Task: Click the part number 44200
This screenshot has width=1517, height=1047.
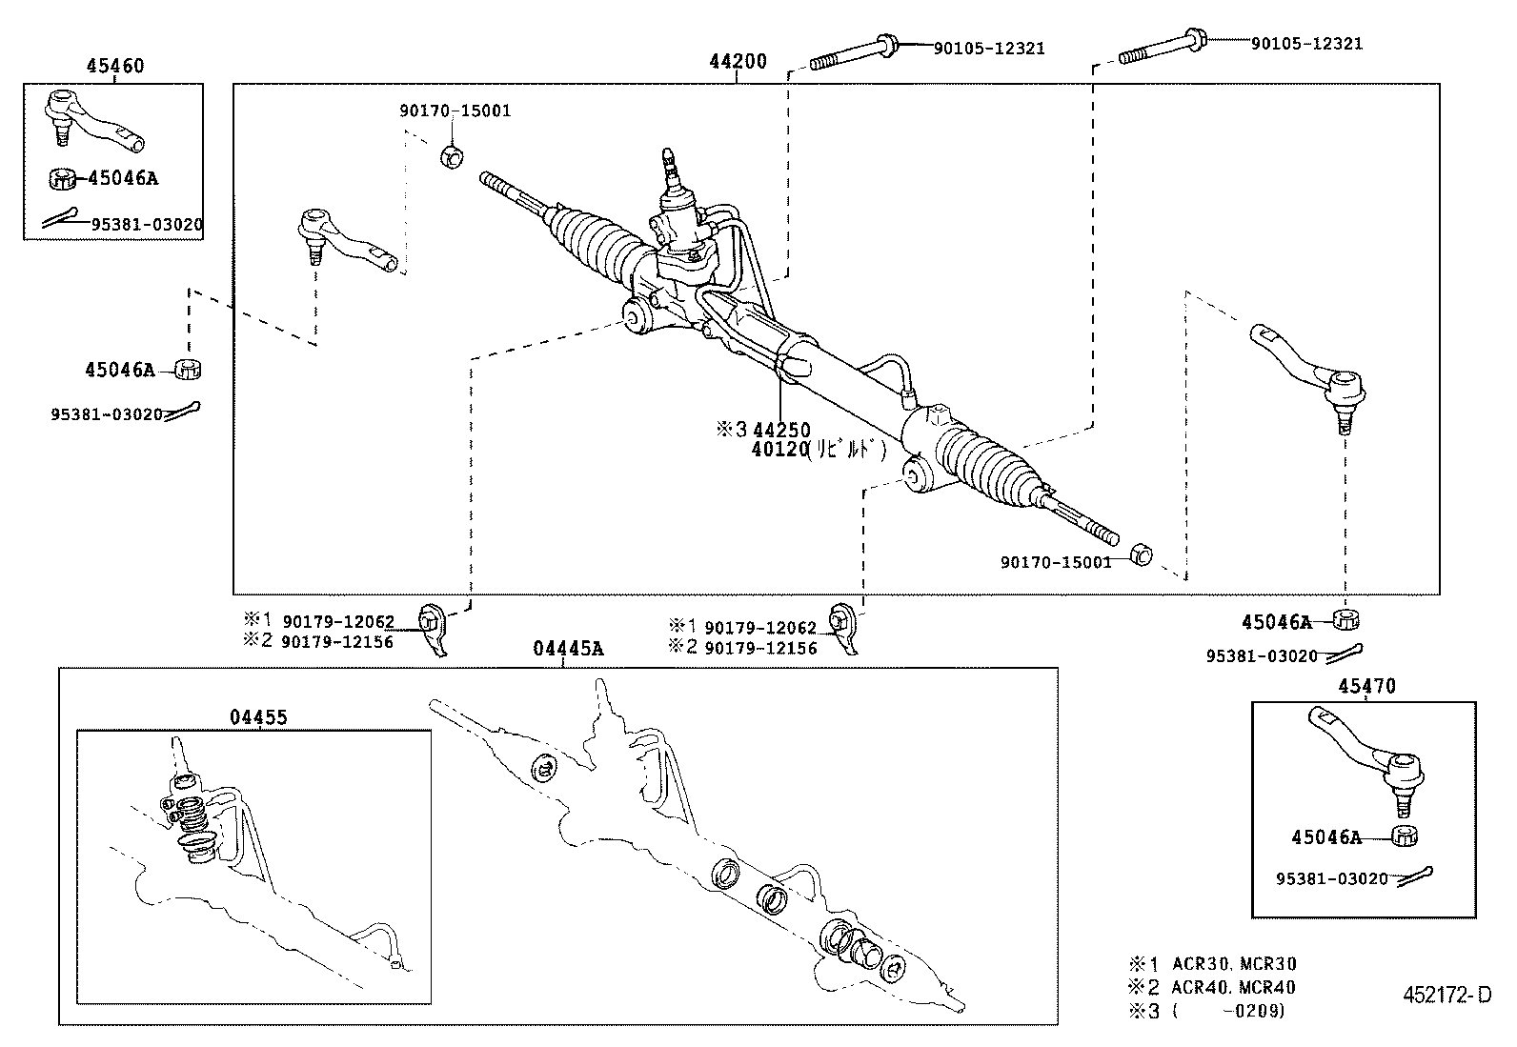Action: coord(738,62)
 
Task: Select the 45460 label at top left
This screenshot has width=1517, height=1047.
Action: coord(115,66)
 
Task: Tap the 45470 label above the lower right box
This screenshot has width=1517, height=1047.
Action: coord(1365,686)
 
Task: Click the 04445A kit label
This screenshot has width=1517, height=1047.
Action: coord(568,649)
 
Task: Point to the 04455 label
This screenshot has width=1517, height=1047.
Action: coord(257,717)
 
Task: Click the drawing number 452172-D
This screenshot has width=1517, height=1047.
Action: coord(1446,996)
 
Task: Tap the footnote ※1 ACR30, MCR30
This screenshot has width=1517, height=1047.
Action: coord(1212,964)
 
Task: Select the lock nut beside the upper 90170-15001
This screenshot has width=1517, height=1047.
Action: coord(453,154)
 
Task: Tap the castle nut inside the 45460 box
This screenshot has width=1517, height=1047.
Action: coord(62,177)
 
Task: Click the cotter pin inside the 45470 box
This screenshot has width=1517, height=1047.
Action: coord(1416,875)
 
